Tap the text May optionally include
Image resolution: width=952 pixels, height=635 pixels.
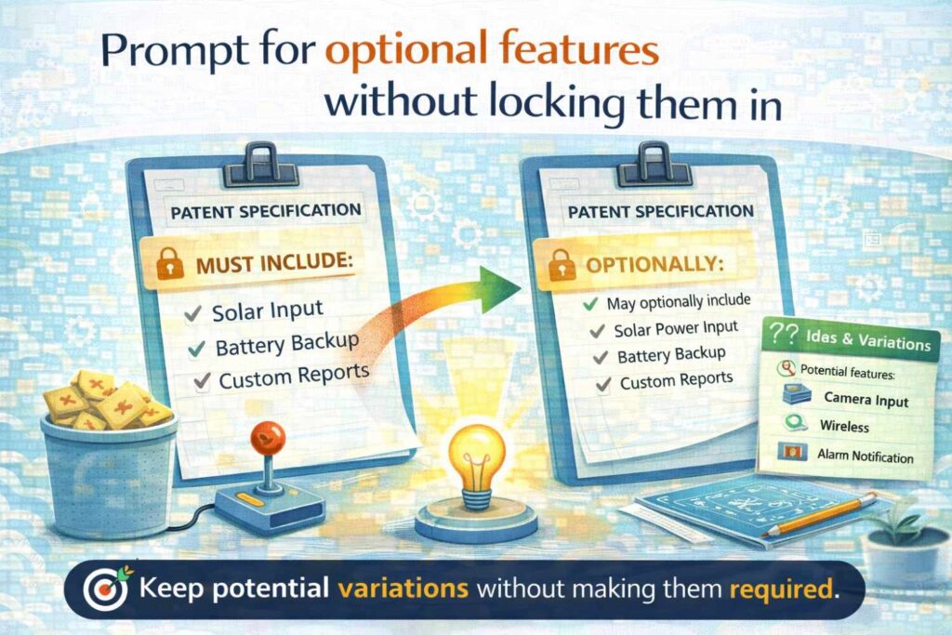pos(678,302)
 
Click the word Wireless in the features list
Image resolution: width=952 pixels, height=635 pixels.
pos(844,428)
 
